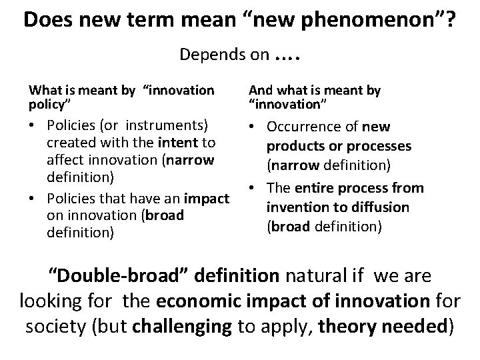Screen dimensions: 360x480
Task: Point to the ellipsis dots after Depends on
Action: click(288, 55)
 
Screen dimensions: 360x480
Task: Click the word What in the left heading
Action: click(42, 89)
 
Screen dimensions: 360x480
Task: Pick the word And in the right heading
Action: click(261, 89)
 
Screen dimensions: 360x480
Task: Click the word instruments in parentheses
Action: click(168, 125)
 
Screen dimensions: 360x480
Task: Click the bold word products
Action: click(297, 145)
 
